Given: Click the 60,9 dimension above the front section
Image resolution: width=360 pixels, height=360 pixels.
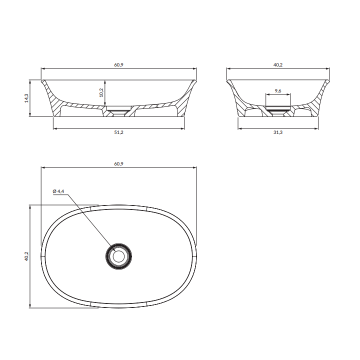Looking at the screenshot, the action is (x=118, y=64).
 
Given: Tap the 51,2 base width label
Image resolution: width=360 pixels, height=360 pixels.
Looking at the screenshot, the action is (x=118, y=132).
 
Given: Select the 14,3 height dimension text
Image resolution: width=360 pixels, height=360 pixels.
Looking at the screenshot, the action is (x=26, y=98).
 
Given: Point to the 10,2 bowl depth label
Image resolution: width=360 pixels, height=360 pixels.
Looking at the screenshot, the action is (x=101, y=93).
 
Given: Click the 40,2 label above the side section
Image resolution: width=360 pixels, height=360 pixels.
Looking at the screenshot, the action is (x=278, y=64).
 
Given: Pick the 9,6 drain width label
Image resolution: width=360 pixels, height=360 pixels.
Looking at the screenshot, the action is (x=278, y=91).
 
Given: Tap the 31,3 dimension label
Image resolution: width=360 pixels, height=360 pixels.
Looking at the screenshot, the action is (x=278, y=132).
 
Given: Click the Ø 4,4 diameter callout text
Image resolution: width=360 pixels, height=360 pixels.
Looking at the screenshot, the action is (x=58, y=191).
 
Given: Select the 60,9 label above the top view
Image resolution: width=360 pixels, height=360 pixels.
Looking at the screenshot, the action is (x=118, y=163).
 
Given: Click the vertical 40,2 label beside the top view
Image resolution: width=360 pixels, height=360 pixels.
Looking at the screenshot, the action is (x=26, y=256).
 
